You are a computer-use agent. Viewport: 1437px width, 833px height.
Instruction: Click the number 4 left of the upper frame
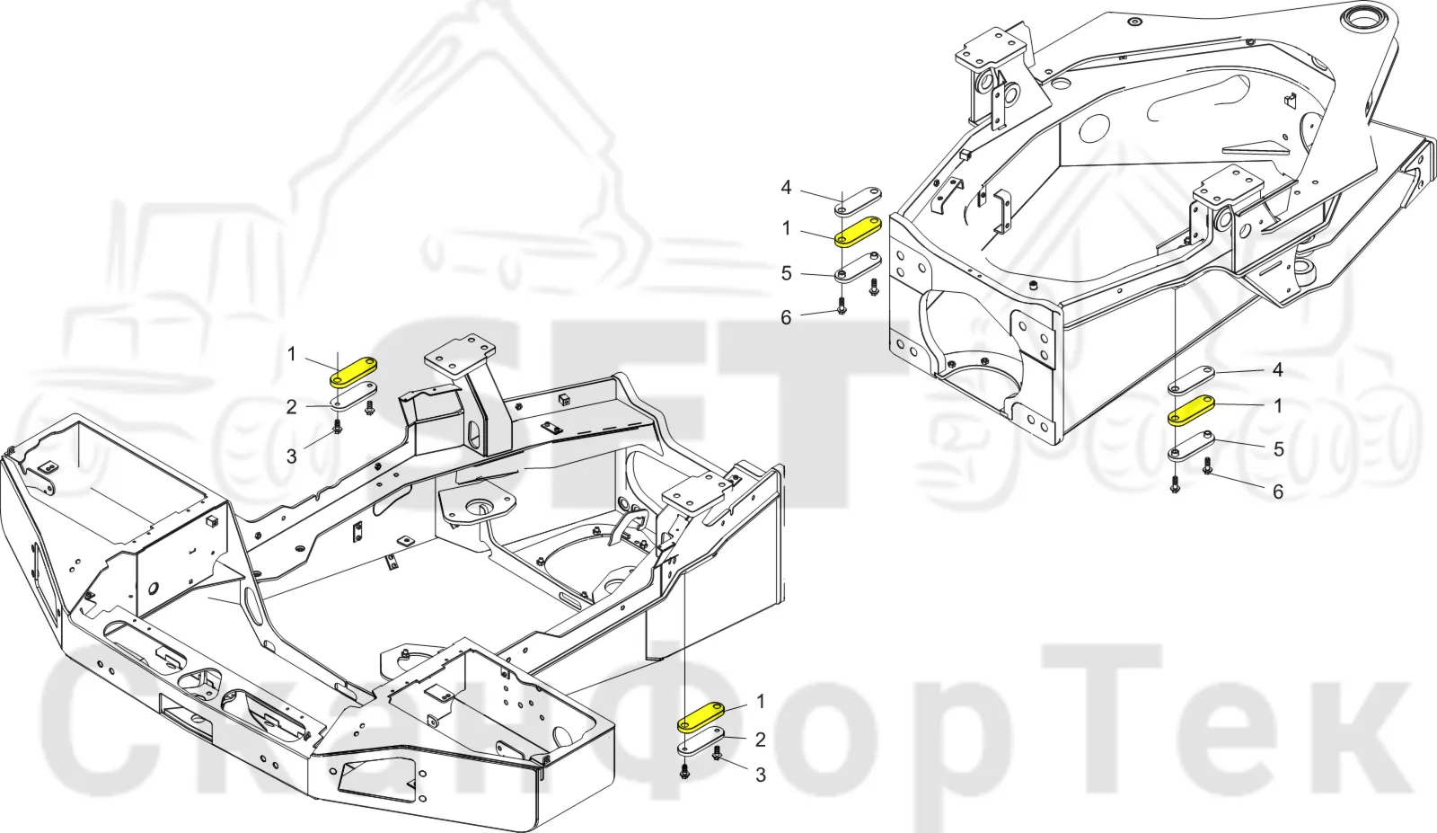pyautogui.click(x=786, y=188)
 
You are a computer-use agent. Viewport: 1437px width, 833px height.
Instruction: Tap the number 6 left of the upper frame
pyautogui.click(x=786, y=318)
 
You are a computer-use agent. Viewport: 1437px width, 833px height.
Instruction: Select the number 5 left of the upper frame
pyautogui.click(x=786, y=274)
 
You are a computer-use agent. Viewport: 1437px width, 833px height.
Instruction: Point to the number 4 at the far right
pyautogui.click(x=1277, y=369)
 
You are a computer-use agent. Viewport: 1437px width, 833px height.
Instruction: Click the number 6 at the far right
pyautogui.click(x=1278, y=492)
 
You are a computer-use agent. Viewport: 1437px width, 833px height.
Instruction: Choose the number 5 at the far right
pyautogui.click(x=1278, y=449)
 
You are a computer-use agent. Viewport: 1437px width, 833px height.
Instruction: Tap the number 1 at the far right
pyautogui.click(x=1278, y=406)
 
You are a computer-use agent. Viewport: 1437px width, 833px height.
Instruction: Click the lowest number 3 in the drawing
pyautogui.click(x=760, y=775)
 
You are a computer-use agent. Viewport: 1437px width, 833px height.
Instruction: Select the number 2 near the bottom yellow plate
pyautogui.click(x=760, y=740)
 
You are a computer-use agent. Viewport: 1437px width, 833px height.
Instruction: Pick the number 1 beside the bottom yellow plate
pyautogui.click(x=760, y=702)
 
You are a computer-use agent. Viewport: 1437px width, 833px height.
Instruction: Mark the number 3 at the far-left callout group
pyautogui.click(x=291, y=456)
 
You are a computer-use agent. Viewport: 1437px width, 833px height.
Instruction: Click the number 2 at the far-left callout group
pyautogui.click(x=291, y=407)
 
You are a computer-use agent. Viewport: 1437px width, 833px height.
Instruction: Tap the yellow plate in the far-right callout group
pyautogui.click(x=1191, y=411)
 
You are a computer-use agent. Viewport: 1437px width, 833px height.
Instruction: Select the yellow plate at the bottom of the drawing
pyautogui.click(x=701, y=717)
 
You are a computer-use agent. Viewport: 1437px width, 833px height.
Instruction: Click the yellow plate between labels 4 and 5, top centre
pyautogui.click(x=858, y=232)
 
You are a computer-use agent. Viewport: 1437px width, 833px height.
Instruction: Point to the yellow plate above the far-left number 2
pyautogui.click(x=353, y=372)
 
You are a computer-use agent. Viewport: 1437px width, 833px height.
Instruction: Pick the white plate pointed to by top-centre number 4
pyautogui.click(x=858, y=201)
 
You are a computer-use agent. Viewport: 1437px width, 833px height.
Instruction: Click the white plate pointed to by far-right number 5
pyautogui.click(x=1191, y=446)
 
